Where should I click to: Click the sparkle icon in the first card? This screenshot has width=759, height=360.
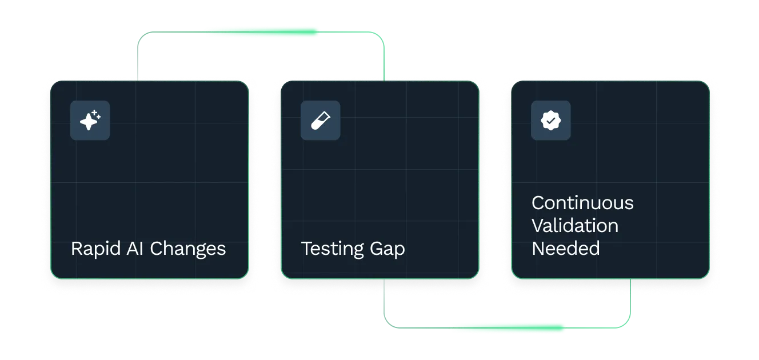90,121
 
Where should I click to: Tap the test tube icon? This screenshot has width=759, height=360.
320,121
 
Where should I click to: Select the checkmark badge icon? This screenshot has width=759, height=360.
550,121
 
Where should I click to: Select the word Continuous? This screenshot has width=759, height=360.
582,203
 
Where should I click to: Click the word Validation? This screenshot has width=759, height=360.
574,226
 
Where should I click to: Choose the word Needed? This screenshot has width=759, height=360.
565,249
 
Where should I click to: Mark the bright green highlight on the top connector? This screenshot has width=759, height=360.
262,31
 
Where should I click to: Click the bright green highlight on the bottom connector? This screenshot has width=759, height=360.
508,327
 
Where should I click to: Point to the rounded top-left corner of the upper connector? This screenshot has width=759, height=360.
141,35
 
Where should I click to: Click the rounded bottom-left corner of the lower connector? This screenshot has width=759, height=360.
386,324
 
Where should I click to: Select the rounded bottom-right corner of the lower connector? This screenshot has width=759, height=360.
628,324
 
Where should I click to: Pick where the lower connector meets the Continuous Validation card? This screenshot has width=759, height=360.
630,279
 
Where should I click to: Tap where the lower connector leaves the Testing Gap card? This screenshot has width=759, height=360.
384,279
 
